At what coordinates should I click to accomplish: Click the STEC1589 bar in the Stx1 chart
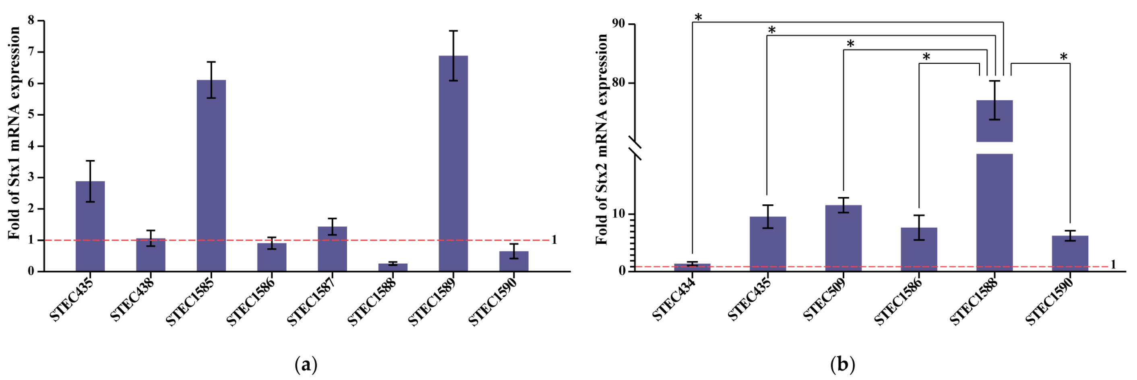point(453,164)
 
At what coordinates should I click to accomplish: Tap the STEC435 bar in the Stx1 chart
point(90,226)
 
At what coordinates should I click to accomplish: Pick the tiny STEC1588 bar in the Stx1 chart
point(393,267)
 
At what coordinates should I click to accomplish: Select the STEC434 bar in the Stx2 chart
point(692,267)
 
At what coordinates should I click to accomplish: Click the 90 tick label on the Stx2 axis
point(619,23)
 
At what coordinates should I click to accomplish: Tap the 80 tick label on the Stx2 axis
point(619,83)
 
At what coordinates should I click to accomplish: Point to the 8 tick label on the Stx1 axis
point(31,20)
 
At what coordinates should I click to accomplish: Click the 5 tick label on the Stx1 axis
point(31,114)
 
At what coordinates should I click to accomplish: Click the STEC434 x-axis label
point(673,301)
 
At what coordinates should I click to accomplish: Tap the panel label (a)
point(306,365)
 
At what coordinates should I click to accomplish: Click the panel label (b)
point(843,365)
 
